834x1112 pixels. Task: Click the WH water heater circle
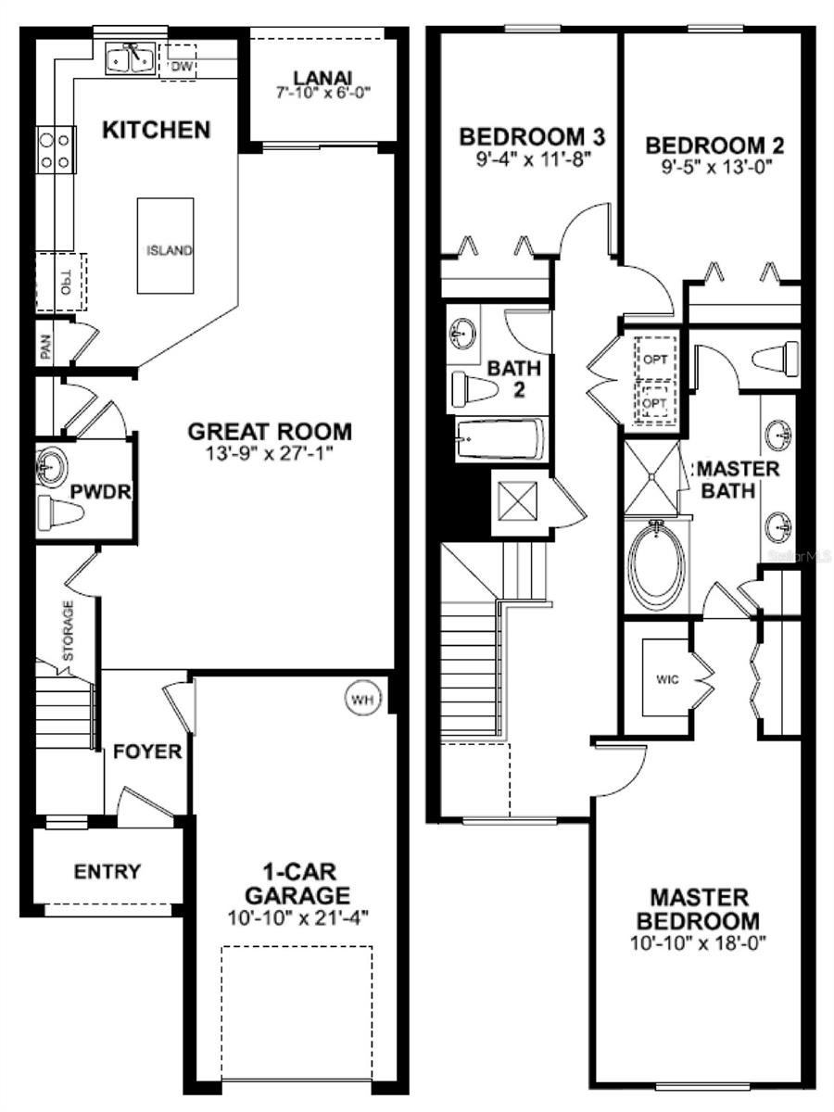coord(363,700)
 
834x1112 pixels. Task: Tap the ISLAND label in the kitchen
coord(170,250)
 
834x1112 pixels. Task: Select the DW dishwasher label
coord(183,66)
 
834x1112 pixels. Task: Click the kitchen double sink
coord(130,59)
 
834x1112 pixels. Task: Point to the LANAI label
coord(323,78)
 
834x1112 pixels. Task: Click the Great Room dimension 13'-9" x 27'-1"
coord(269,454)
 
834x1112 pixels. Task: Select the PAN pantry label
coord(46,348)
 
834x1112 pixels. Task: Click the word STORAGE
coord(68,630)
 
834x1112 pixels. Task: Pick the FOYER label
coord(147,752)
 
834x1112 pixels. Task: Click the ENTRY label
coord(107,872)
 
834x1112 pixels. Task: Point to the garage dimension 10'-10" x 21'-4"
coord(297,918)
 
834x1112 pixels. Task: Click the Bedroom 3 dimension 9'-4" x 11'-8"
coord(532,160)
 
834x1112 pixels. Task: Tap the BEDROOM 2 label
coord(714,145)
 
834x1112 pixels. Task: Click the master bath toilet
coord(775,360)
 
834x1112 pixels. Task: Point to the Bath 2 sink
coord(462,334)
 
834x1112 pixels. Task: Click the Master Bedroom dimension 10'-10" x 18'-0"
coord(699,943)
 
